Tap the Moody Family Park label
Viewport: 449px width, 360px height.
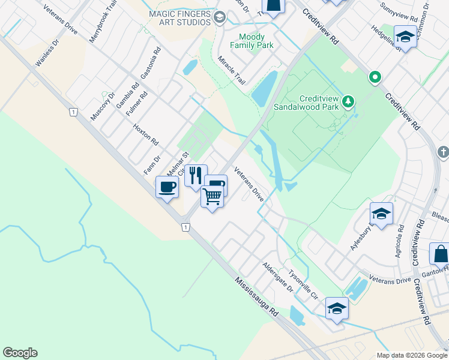256,41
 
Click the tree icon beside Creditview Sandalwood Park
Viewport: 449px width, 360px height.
349,102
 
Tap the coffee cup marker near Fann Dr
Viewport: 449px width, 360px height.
167,187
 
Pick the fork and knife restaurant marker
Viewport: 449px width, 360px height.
196,175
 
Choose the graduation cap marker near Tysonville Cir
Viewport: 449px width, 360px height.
337,308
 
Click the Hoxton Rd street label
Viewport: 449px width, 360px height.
145,135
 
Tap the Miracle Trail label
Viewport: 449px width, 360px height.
232,70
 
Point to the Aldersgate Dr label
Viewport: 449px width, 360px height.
277,277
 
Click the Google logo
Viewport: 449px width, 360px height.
20,353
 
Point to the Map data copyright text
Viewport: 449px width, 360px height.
412,355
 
